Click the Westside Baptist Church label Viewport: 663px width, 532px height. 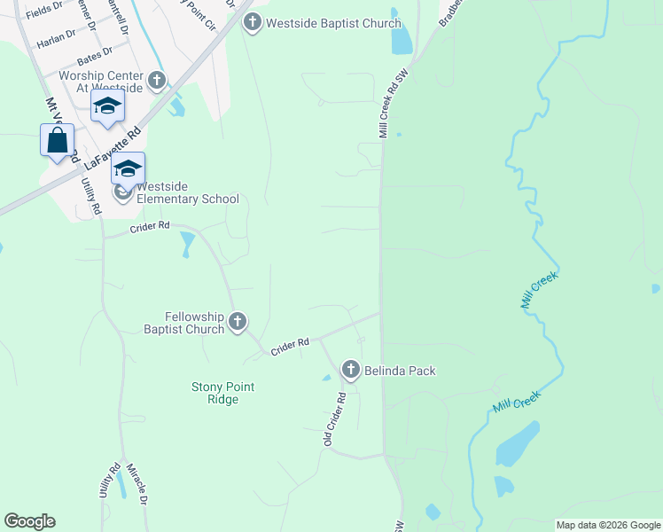pyautogui.click(x=335, y=23)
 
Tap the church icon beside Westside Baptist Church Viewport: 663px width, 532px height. pyautogui.click(x=253, y=22)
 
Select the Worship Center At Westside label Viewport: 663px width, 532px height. pyautogui.click(x=101, y=82)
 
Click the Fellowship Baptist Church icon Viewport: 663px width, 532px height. pyautogui.click(x=238, y=322)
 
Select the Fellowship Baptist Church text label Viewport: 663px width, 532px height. pyautogui.click(x=184, y=323)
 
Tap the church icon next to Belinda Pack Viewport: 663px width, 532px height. pyautogui.click(x=350, y=370)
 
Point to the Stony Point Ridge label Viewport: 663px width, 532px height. pyautogui.click(x=215, y=393)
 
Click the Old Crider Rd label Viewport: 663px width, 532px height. pyautogui.click(x=334, y=419)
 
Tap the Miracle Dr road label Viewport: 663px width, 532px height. pyautogui.click(x=136, y=484)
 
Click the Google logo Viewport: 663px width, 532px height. pyautogui.click(x=29, y=521)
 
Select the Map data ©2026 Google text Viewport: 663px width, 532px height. pyautogui.click(x=607, y=525)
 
